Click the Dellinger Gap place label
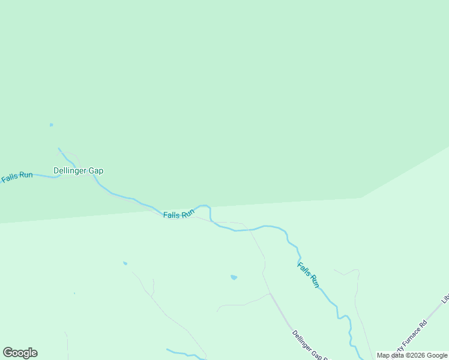(x=78, y=170)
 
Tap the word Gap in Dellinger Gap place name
(x=96, y=170)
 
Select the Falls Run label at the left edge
(x=16, y=176)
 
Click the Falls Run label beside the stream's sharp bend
(x=179, y=214)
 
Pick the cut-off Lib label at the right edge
(x=445, y=298)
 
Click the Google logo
(x=20, y=353)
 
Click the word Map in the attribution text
(x=383, y=355)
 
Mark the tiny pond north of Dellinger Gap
(x=51, y=125)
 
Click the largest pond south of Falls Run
(x=234, y=277)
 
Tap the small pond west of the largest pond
(x=125, y=263)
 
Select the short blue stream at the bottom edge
(x=180, y=353)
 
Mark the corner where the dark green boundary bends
(x=361, y=197)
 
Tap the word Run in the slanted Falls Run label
(x=313, y=281)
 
